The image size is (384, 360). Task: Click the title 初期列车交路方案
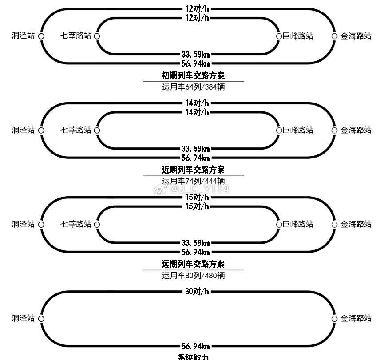pyautogui.click(x=193, y=76)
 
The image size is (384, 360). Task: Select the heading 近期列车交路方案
pyautogui.click(x=193, y=170)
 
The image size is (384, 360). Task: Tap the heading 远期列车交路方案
pyautogui.click(x=193, y=264)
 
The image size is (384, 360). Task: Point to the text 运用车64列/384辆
pyautogui.click(x=193, y=87)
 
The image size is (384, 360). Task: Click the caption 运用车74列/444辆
pyautogui.click(x=193, y=181)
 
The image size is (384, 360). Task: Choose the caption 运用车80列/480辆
pyautogui.click(x=193, y=275)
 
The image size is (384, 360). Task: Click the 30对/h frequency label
pyautogui.click(x=197, y=292)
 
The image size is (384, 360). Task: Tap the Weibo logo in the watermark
pyautogui.click(x=160, y=190)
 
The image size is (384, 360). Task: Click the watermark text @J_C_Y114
pyautogui.click(x=200, y=190)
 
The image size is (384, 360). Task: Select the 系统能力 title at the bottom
pyautogui.click(x=193, y=356)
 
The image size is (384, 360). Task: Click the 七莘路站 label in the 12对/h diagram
pyautogui.click(x=76, y=36)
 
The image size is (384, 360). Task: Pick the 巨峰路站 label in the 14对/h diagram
pyautogui.click(x=298, y=130)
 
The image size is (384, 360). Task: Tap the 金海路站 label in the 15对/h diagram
pyautogui.click(x=356, y=224)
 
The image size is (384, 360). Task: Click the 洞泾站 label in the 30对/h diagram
pyautogui.click(x=23, y=318)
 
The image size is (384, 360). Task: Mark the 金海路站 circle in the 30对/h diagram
pyautogui.click(x=335, y=319)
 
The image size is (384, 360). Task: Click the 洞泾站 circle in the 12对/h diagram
pyautogui.click(x=41, y=36)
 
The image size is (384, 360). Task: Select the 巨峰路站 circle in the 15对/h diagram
pyautogui.click(x=279, y=224)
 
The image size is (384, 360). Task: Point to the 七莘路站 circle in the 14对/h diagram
pyautogui.click(x=97, y=130)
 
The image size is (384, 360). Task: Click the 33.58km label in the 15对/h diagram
pyautogui.click(x=195, y=243)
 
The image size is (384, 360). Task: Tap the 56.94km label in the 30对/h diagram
pyautogui.click(x=195, y=346)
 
